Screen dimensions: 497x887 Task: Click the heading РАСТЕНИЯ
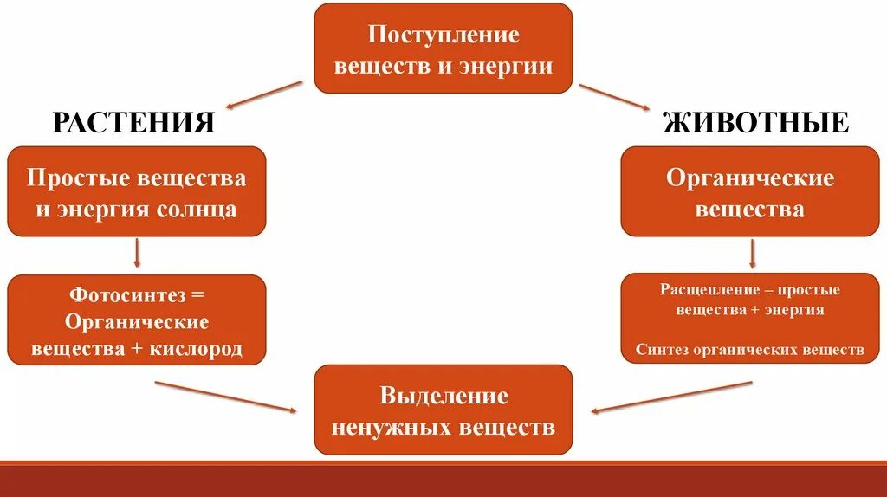pyautogui.click(x=133, y=123)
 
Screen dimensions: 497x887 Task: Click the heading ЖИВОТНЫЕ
pyautogui.click(x=755, y=123)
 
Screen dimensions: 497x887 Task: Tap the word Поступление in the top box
pyautogui.click(x=443, y=35)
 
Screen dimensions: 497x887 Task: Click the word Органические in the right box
pyautogui.click(x=750, y=178)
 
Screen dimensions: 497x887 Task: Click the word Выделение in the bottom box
pyautogui.click(x=443, y=397)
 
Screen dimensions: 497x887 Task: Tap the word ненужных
pyautogui.click(x=386, y=427)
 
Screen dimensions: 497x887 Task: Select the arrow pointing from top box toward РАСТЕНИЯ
pyautogui.click(x=264, y=94)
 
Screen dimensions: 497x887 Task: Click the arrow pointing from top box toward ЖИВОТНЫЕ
pyautogui.click(x=614, y=97)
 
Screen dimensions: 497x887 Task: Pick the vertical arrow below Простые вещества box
pyautogui.click(x=137, y=253)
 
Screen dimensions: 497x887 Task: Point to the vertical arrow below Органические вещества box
pyautogui.click(x=752, y=253)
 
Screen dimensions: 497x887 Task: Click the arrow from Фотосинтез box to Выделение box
pyautogui.click(x=225, y=395)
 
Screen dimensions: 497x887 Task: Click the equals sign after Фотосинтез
pyautogui.click(x=197, y=294)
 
